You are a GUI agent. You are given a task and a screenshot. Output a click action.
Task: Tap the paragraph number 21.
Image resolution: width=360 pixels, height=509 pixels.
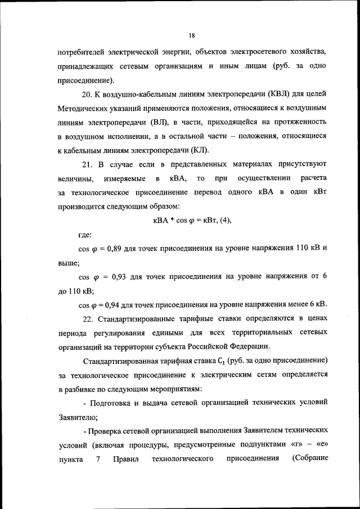[x=88, y=164]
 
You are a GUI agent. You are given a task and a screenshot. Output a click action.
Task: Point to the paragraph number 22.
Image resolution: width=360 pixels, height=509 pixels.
[x=88, y=319]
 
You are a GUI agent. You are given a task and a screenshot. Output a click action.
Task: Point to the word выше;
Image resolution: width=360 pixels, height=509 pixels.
[x=69, y=263]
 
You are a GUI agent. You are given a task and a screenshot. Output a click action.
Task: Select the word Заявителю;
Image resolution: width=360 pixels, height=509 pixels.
[x=78, y=417]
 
